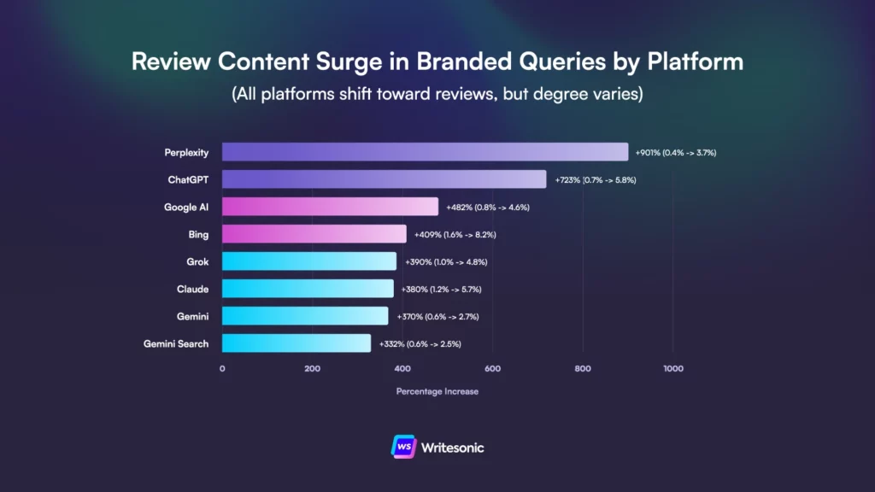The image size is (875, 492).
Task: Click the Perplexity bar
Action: [425, 152]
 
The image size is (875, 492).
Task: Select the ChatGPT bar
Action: [384, 179]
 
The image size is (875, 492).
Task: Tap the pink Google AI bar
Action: [330, 207]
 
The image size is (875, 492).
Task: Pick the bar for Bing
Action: [314, 234]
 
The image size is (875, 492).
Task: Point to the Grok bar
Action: [309, 261]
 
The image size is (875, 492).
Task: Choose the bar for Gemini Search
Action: [297, 343]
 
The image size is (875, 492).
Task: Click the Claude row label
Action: [192, 289]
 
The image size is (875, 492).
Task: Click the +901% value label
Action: [676, 153]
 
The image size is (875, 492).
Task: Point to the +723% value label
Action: [595, 180]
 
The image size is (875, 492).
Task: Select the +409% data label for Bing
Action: [455, 235]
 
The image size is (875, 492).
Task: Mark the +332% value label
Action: [420, 344]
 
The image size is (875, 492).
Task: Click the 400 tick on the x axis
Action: [402, 369]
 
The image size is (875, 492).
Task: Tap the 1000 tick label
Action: [672, 369]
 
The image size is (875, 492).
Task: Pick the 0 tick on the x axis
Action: [222, 369]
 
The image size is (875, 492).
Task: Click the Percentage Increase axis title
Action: [437, 391]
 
